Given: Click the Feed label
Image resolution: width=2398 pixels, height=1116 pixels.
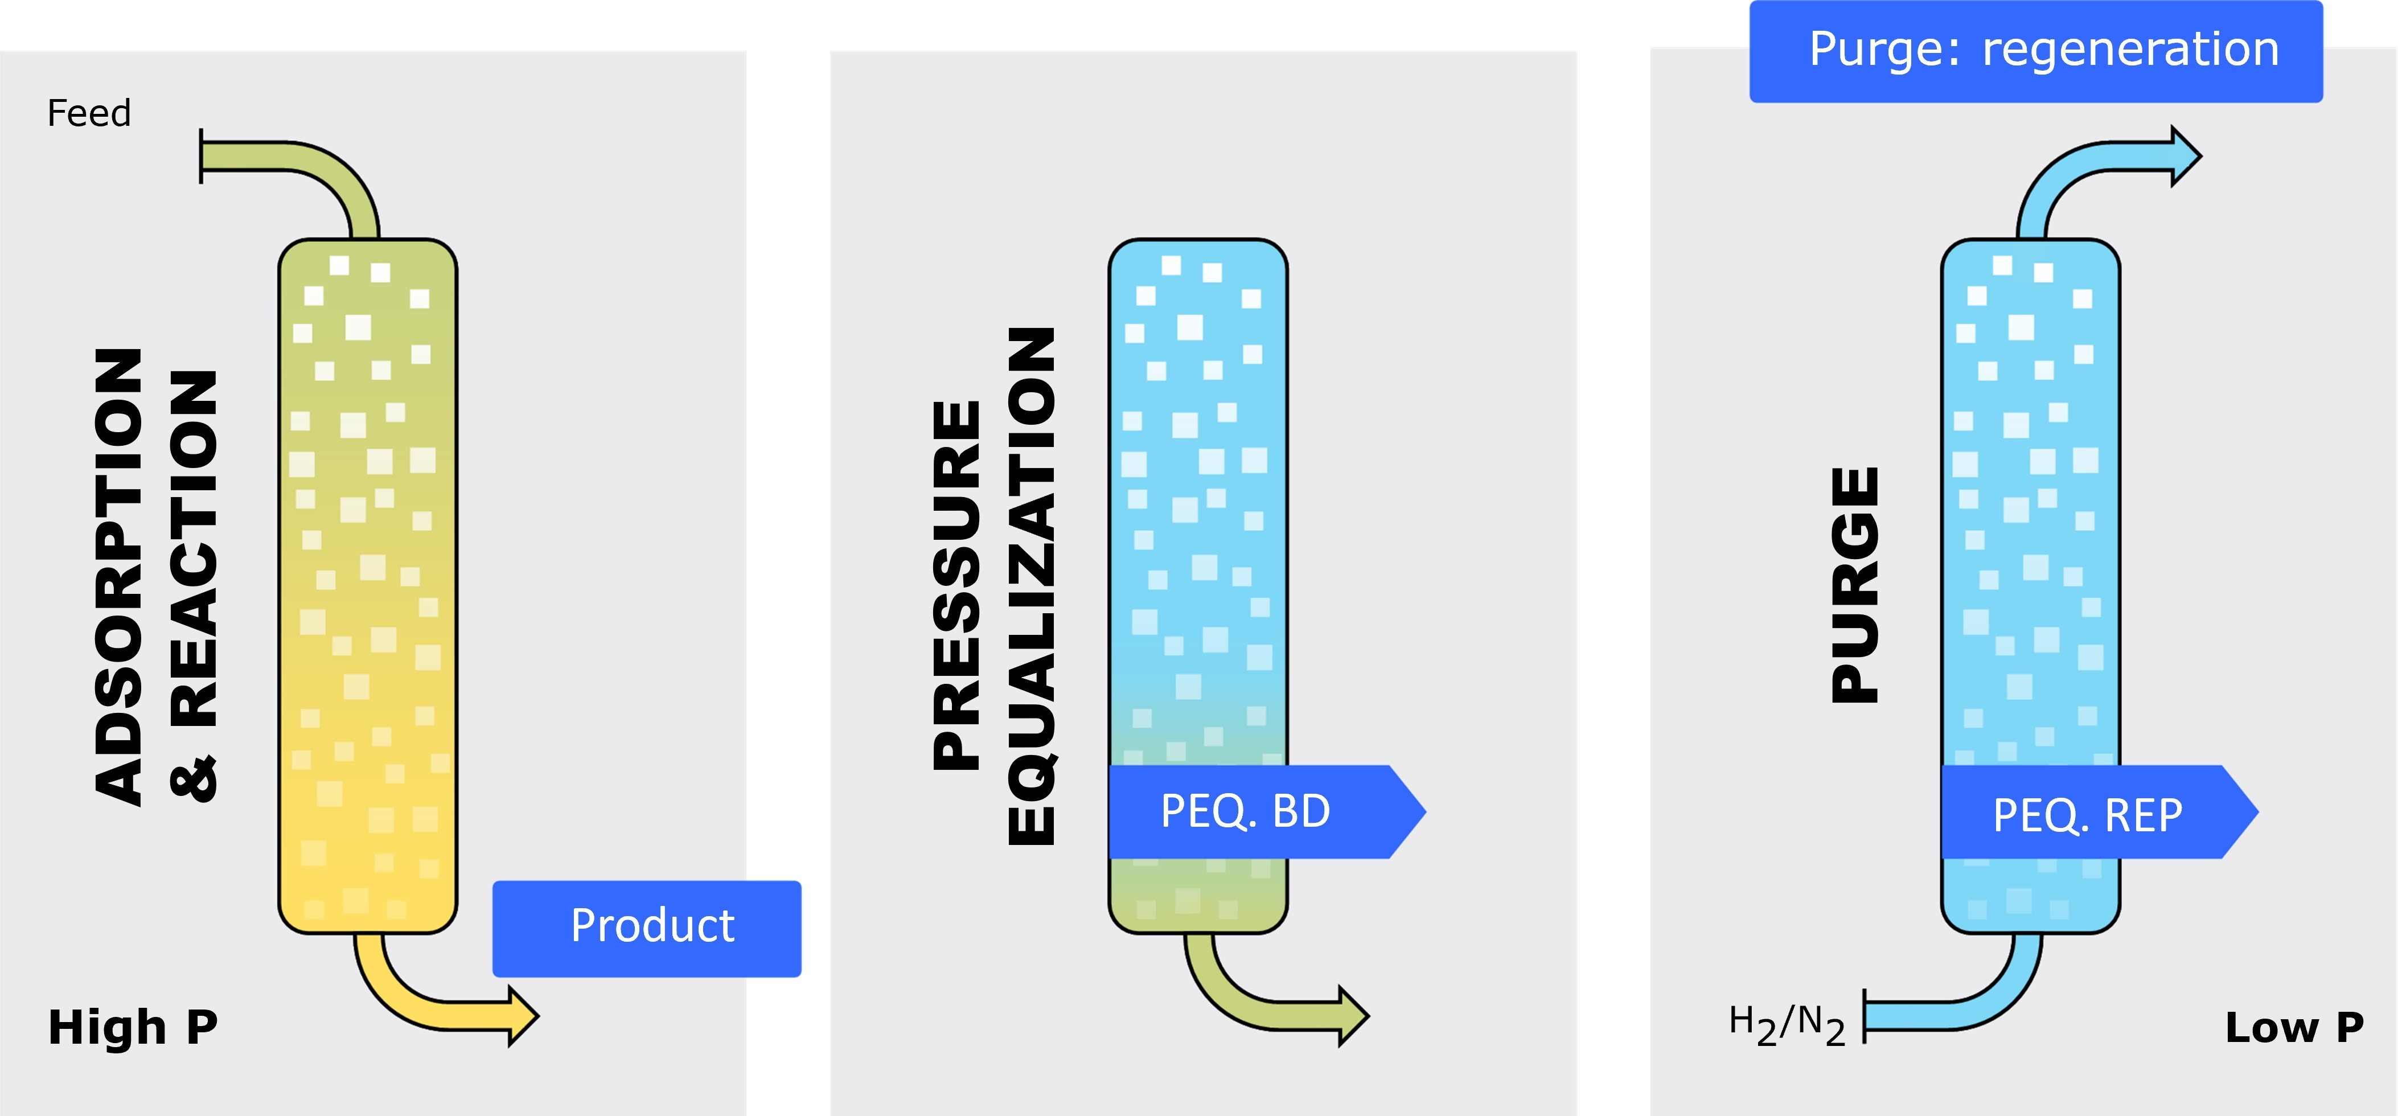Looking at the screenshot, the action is pyautogui.click(x=88, y=113).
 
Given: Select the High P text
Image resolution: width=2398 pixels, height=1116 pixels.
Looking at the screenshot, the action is pyautogui.click(x=133, y=1028).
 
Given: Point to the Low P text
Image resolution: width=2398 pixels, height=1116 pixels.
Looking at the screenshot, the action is pyautogui.click(x=2294, y=1028).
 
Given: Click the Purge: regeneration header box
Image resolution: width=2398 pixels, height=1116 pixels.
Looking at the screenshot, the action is pyautogui.click(x=2036, y=51).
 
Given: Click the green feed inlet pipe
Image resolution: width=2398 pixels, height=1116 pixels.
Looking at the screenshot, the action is pyautogui.click(x=280, y=158).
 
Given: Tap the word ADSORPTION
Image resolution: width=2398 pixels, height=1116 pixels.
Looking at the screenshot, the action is pyautogui.click(x=119, y=577).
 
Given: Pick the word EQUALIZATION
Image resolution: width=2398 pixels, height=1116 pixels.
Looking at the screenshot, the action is pyautogui.click(x=1032, y=586).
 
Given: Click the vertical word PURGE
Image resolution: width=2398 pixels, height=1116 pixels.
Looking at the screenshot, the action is pyautogui.click(x=1855, y=585).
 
